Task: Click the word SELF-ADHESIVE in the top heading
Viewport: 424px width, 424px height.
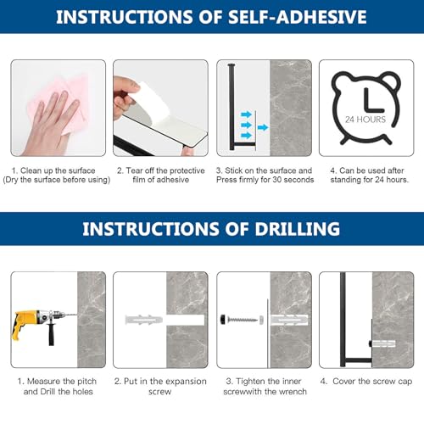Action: [298, 17]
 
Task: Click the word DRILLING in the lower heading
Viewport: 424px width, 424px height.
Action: [298, 229]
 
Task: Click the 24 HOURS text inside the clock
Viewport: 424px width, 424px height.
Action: [365, 120]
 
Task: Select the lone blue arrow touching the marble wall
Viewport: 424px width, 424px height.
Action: [263, 127]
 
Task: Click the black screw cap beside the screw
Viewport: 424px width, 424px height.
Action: [223, 320]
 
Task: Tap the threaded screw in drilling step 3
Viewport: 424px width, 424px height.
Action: [243, 320]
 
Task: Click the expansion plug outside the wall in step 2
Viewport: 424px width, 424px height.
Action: [143, 320]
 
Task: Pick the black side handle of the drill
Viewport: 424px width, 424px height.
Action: [51, 334]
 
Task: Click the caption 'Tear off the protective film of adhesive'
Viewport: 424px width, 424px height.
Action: [161, 175]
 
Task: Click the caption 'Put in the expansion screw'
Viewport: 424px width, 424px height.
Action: [160, 387]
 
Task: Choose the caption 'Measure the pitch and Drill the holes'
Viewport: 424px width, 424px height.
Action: [58, 387]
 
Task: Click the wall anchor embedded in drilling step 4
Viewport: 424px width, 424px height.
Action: [383, 344]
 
